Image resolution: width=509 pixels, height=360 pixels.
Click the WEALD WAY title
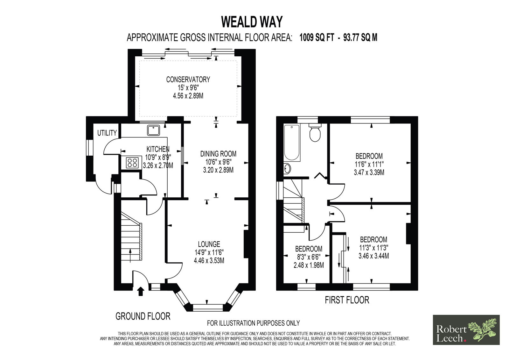(252, 22)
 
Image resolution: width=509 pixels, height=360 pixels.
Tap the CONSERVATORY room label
(188, 79)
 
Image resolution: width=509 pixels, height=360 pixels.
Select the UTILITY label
(107, 133)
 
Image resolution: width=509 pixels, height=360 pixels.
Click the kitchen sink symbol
(153, 130)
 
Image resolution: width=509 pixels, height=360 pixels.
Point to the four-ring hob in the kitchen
(132, 163)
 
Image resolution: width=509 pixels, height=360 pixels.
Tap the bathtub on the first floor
(292, 143)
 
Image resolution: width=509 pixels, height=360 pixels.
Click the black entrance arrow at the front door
(141, 291)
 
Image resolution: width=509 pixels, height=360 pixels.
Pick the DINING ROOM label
(218, 154)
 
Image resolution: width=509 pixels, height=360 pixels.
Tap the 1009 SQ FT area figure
(317, 38)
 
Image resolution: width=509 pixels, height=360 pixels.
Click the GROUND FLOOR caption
(143, 316)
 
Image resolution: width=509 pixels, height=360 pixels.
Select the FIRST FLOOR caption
(347, 300)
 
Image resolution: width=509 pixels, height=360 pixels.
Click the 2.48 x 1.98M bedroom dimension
(309, 265)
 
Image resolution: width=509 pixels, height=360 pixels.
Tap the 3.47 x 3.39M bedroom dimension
(369, 173)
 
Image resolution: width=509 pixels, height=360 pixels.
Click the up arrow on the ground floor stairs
(130, 256)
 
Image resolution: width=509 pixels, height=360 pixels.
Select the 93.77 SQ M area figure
(360, 38)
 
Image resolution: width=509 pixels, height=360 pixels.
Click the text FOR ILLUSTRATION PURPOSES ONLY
(253, 323)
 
